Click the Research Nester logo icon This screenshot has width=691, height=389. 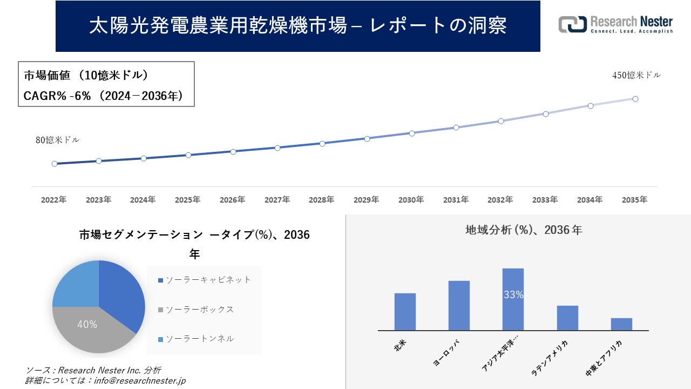(x=572, y=24)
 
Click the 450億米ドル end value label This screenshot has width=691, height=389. (x=636, y=76)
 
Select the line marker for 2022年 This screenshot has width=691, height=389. (x=55, y=164)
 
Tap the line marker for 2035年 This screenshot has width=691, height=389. (x=635, y=99)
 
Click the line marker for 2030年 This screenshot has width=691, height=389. (x=411, y=133)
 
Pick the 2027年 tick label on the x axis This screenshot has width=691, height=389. (x=277, y=200)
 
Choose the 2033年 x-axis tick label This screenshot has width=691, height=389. (x=545, y=200)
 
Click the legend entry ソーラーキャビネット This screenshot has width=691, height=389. (x=208, y=280)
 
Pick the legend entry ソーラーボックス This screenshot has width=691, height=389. (x=199, y=310)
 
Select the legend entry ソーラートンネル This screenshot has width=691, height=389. (x=199, y=339)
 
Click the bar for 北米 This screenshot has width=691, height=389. (x=405, y=312)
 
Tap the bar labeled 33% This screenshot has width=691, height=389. (x=513, y=299)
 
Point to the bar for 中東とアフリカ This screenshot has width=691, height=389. (x=621, y=324)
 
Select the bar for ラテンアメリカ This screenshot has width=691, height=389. (x=567, y=318)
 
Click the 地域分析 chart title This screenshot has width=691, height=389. (x=523, y=230)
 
